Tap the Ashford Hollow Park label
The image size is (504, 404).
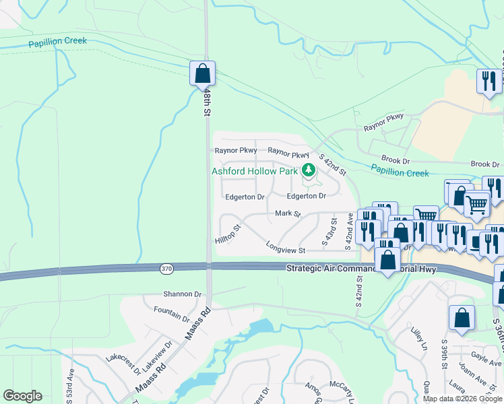pos(255,171)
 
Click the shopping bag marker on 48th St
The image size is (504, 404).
pos(202,73)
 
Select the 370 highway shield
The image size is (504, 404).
pos(166,269)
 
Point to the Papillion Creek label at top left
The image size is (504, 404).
pos(57,42)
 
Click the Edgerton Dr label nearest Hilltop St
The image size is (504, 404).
pos(245,197)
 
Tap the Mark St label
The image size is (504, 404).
pos(287,213)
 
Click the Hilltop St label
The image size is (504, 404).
pos(228,235)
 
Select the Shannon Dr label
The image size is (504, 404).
pos(183,294)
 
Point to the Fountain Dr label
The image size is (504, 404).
pos(171,313)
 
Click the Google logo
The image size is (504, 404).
pos(22,396)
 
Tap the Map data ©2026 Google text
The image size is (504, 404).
pos(462,399)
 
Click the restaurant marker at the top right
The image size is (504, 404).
pos(487,82)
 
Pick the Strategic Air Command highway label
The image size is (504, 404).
pos(362,269)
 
